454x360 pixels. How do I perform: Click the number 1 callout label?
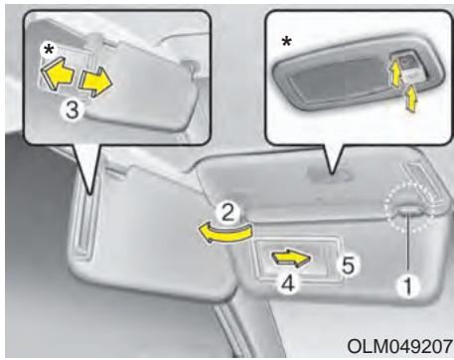(408, 286)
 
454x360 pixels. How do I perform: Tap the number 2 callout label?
(227, 213)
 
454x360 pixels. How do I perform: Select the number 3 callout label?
(73, 110)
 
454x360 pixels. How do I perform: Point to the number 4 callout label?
(289, 284)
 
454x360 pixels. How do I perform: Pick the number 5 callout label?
(348, 266)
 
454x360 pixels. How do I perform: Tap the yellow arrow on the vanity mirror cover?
(291, 258)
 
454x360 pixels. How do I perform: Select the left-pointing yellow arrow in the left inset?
(57, 74)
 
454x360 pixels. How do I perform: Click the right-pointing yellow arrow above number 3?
(95, 83)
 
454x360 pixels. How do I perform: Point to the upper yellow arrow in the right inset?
(394, 74)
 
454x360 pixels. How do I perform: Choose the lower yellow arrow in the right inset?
(410, 97)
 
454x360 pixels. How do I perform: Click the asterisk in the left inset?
(49, 50)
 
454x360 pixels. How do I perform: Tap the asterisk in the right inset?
(287, 42)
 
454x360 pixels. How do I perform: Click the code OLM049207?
(400, 346)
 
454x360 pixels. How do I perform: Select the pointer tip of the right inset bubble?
(332, 173)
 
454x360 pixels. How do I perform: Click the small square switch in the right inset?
(407, 61)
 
